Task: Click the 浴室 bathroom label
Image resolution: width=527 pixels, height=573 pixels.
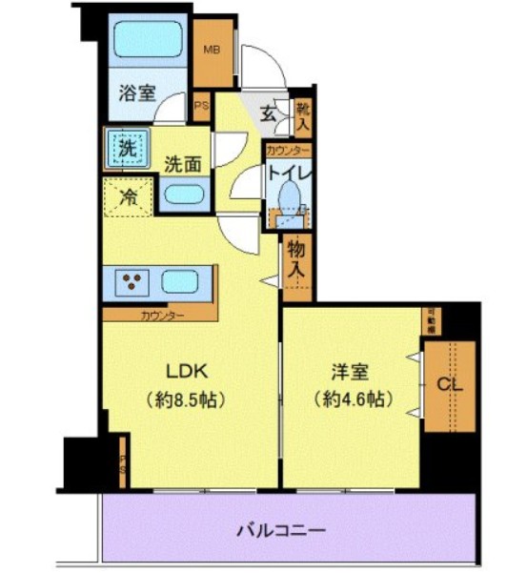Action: click(x=137, y=93)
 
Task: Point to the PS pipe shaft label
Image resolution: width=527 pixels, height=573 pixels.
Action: click(x=202, y=106)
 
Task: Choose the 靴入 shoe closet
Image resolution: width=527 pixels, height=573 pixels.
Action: click(x=302, y=114)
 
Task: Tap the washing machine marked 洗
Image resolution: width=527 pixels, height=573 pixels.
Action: click(x=126, y=147)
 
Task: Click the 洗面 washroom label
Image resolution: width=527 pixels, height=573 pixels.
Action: click(x=181, y=162)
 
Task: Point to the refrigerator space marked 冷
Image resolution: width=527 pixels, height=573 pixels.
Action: click(x=127, y=199)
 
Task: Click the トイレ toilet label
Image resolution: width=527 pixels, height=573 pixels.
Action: click(x=287, y=174)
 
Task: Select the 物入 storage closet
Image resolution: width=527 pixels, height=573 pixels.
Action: click(x=296, y=260)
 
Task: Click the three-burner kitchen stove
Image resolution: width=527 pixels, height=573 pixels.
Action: click(x=132, y=281)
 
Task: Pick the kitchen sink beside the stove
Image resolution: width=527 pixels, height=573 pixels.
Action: click(x=181, y=282)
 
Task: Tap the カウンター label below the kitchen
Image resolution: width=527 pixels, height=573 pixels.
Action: click(x=163, y=314)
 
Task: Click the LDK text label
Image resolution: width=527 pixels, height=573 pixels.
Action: click(x=188, y=371)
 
